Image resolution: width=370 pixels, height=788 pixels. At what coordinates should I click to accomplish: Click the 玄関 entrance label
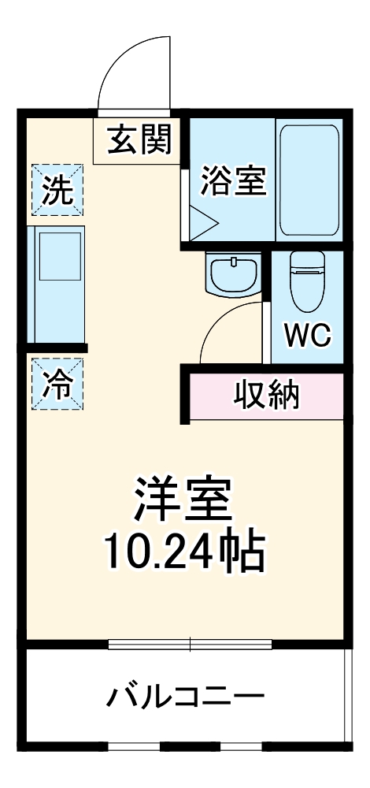(x=134, y=142)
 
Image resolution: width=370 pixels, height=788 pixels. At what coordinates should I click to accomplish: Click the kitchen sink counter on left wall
(x=57, y=284)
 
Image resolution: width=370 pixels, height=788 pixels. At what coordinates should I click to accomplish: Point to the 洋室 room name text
(x=182, y=497)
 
